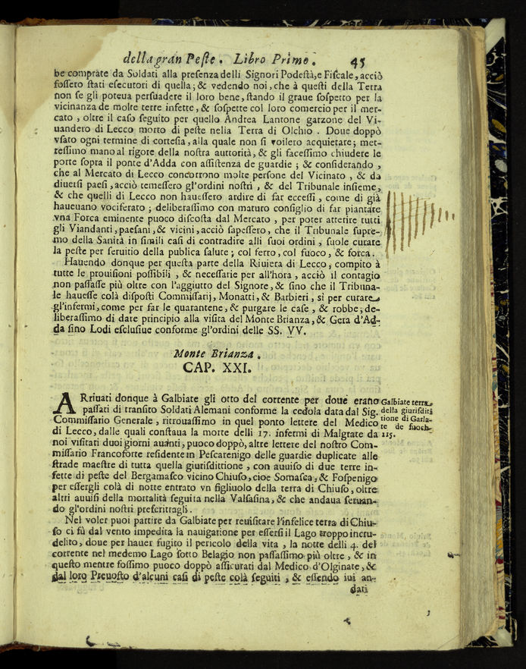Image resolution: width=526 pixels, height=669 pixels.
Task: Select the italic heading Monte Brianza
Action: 217,353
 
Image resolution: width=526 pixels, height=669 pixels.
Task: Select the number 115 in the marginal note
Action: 388,435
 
